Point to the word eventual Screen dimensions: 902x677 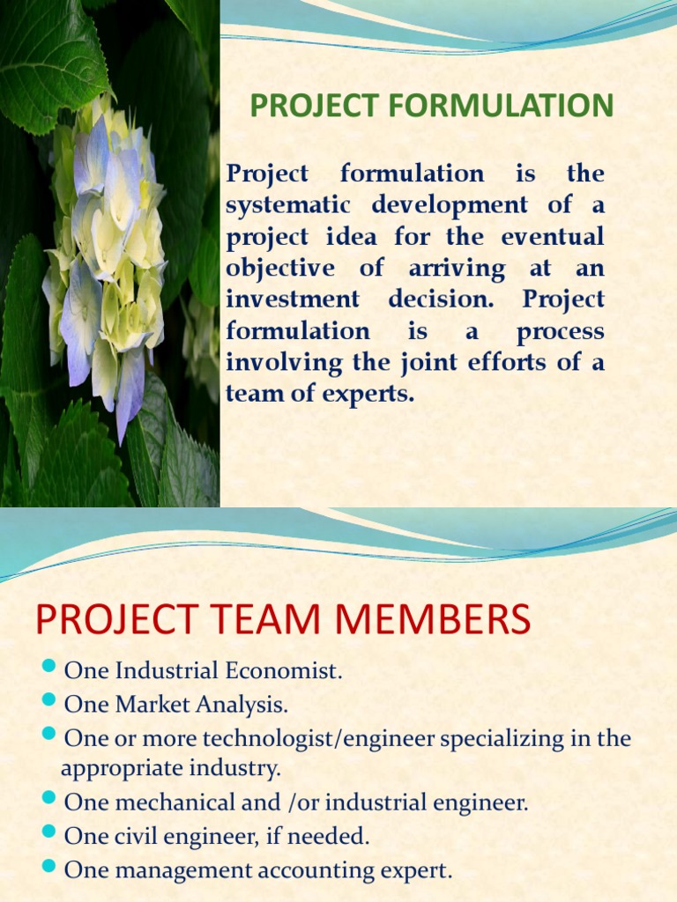tap(553, 236)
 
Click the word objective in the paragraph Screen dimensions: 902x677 tap(279, 268)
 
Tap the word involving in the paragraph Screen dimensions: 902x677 tap(279, 362)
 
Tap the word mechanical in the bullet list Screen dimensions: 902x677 tap(163, 802)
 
